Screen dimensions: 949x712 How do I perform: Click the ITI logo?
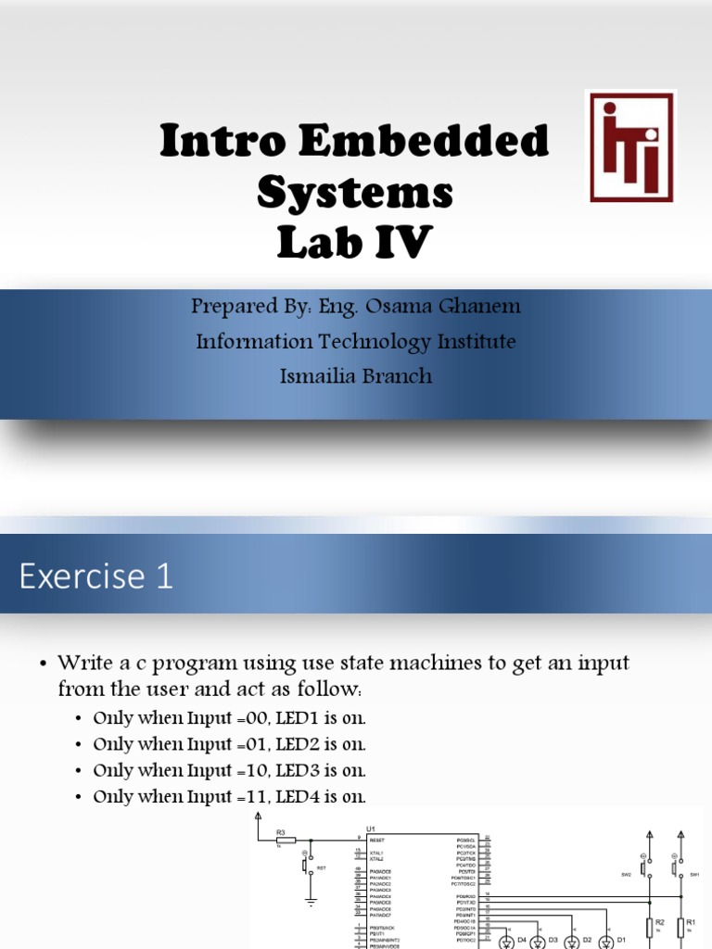click(x=631, y=146)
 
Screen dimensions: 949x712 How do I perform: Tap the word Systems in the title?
click(x=355, y=192)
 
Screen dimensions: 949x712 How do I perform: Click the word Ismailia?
click(x=321, y=376)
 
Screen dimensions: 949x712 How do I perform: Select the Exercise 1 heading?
click(x=96, y=576)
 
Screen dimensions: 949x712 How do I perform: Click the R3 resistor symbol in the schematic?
click(x=286, y=841)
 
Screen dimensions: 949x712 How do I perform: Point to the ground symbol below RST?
click(x=310, y=899)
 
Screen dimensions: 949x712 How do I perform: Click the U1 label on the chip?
click(x=371, y=829)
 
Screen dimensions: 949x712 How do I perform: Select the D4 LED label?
click(x=522, y=940)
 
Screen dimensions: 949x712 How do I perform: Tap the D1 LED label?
click(x=621, y=940)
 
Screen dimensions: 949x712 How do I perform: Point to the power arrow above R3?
click(x=258, y=815)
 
